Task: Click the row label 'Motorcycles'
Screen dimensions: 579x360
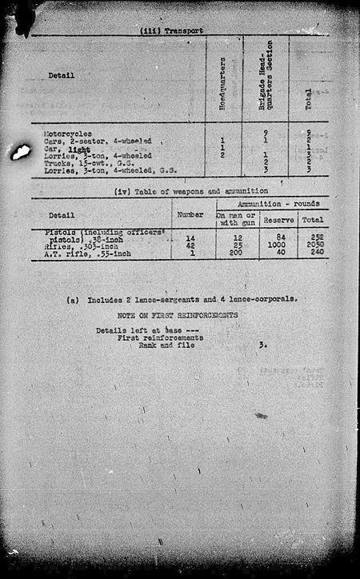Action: (x=66, y=134)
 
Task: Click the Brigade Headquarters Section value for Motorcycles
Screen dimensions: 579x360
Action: (x=264, y=134)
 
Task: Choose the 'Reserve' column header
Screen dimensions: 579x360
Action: (x=278, y=219)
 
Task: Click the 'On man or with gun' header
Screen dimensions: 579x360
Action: (x=238, y=219)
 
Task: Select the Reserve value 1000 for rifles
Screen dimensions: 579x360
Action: (x=278, y=246)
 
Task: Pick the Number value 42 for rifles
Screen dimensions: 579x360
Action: (x=190, y=246)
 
